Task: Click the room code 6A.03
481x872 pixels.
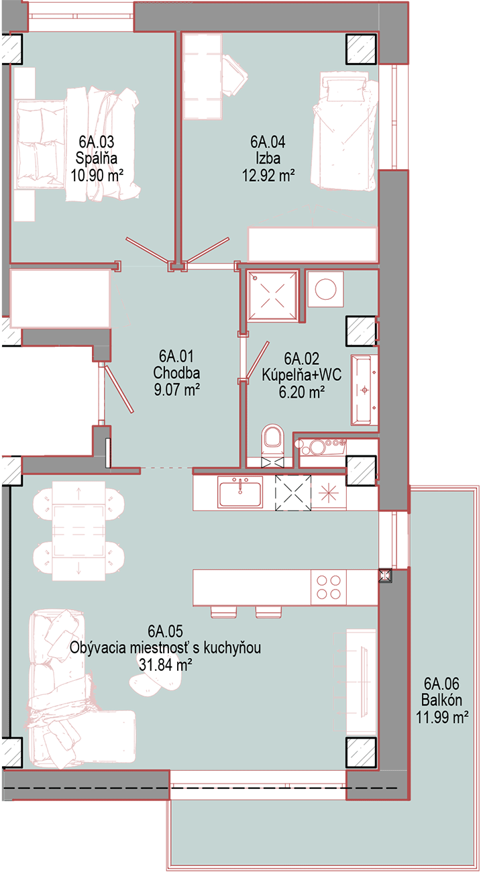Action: tap(96, 142)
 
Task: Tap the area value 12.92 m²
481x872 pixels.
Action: tap(268, 176)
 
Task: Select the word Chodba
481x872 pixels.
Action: tap(176, 373)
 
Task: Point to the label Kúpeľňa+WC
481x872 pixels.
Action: tap(301, 375)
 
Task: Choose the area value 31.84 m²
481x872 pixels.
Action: tap(166, 665)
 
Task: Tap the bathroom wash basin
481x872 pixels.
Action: tap(364, 389)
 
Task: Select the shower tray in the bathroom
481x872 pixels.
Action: tap(272, 296)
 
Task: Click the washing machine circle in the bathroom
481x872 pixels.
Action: tap(325, 289)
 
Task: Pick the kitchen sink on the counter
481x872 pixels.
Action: tap(240, 494)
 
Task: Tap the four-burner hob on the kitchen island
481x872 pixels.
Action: tap(328, 588)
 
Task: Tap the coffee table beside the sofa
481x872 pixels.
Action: tap(156, 680)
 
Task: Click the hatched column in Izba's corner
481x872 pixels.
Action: tap(362, 49)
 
